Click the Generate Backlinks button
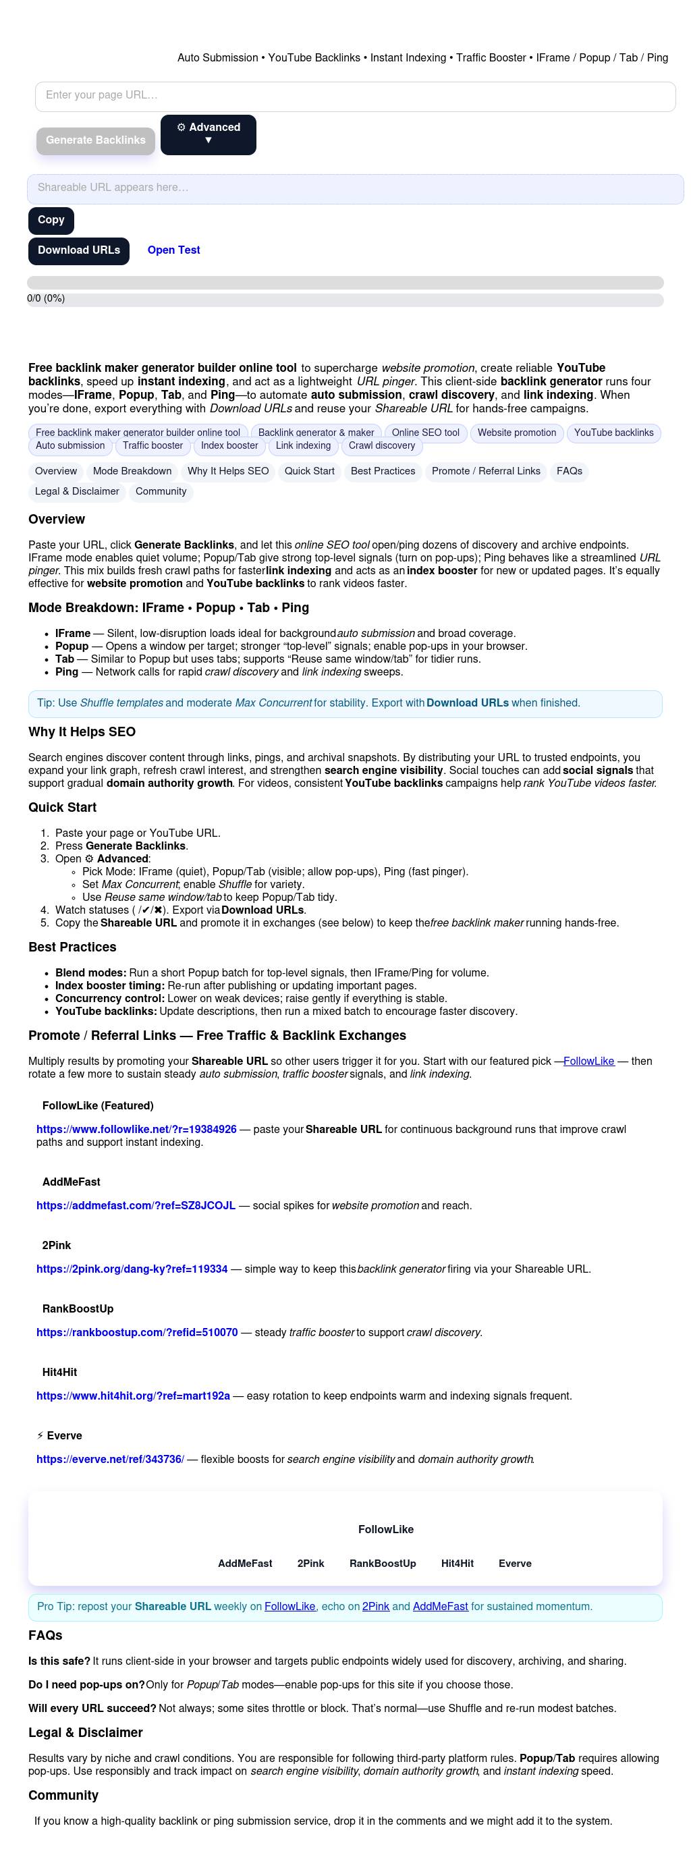click(x=95, y=140)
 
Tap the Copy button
click(x=51, y=220)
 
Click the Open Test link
click(x=173, y=250)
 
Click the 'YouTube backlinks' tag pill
click(x=613, y=433)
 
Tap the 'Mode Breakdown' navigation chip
click(x=132, y=472)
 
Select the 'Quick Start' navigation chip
click(x=310, y=472)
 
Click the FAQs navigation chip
click(x=570, y=472)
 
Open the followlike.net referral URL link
click(x=136, y=1130)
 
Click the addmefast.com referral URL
click(x=136, y=1207)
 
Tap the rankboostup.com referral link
click(x=137, y=1333)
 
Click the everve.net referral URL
click(x=110, y=1460)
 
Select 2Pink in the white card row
click(x=311, y=1564)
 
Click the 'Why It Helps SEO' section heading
click(x=82, y=733)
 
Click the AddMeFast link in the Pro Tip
click(x=440, y=1607)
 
